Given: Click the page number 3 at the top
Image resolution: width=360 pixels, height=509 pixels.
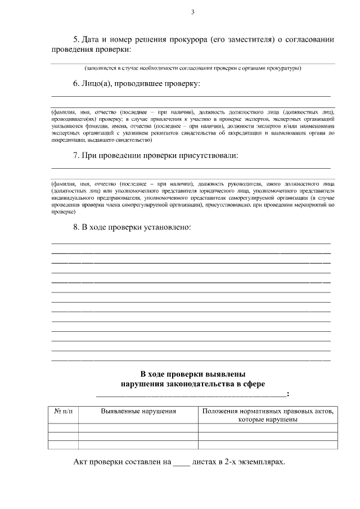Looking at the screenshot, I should (x=192, y=12).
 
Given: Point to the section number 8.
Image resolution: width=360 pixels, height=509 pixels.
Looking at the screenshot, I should (x=76, y=227).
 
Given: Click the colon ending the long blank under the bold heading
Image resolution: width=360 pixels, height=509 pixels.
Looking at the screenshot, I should (x=288, y=394).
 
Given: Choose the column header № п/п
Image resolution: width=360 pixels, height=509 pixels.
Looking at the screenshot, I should (x=63, y=411).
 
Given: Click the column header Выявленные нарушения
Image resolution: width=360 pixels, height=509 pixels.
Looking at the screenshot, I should (x=138, y=411).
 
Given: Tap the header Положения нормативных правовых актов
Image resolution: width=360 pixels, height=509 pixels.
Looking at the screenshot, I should (x=268, y=411).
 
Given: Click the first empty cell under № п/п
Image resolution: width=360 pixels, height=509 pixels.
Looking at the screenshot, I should (x=63, y=427).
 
